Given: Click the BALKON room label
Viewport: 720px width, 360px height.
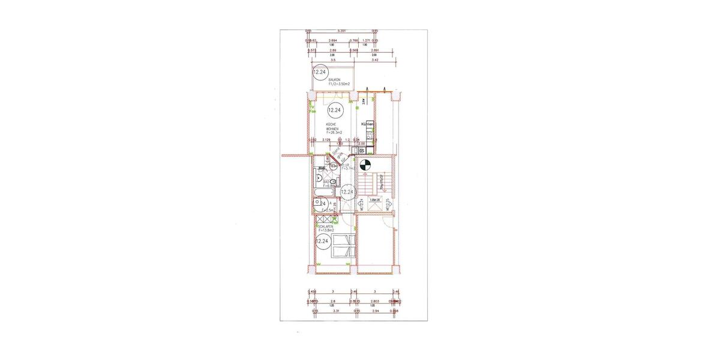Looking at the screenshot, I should point(334,80).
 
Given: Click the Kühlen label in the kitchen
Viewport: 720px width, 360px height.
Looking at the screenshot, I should point(368,124).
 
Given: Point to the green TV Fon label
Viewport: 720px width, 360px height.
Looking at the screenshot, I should point(312,109).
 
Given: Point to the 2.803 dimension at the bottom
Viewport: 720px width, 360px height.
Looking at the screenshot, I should point(374,301).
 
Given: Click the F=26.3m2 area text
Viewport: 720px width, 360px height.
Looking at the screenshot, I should point(333,132).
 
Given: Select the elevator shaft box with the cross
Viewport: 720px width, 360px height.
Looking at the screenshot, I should point(368,204).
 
